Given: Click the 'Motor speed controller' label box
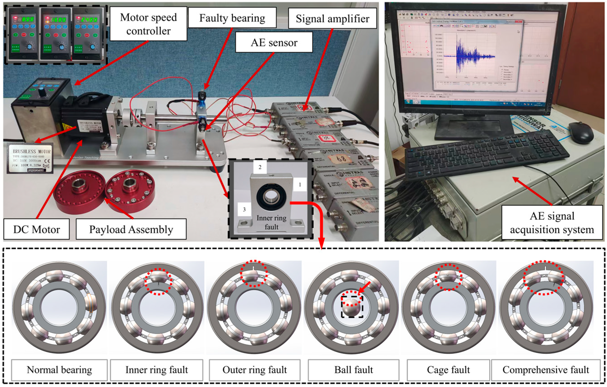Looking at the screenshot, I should (x=148, y=24).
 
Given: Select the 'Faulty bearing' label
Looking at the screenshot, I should (x=232, y=18).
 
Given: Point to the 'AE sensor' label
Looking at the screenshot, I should (x=274, y=42).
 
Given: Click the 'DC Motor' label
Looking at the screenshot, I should (x=36, y=229).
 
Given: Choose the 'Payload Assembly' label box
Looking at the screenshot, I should (x=131, y=229).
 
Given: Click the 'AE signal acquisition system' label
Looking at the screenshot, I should (x=552, y=222).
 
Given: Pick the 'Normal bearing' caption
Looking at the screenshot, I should (x=59, y=370).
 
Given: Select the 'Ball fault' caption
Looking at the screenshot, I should (x=353, y=370).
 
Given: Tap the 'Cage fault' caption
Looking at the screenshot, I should (x=448, y=370).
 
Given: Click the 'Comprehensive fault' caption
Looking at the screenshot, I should (x=546, y=370).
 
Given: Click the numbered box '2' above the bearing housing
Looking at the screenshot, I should (x=260, y=167).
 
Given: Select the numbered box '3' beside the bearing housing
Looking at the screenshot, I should (x=244, y=209).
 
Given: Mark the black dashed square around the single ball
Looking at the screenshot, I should (x=352, y=306).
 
